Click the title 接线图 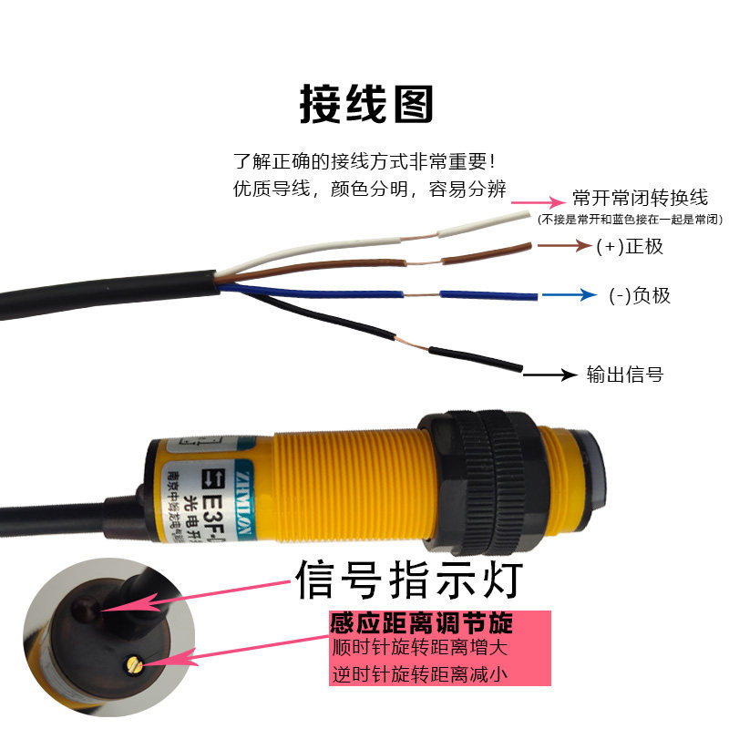(366, 105)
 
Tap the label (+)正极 (631, 246)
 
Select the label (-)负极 (640, 295)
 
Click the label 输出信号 (624, 374)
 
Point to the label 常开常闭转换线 (640, 198)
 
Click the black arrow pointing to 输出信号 (552, 374)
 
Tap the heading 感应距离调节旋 (421, 624)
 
